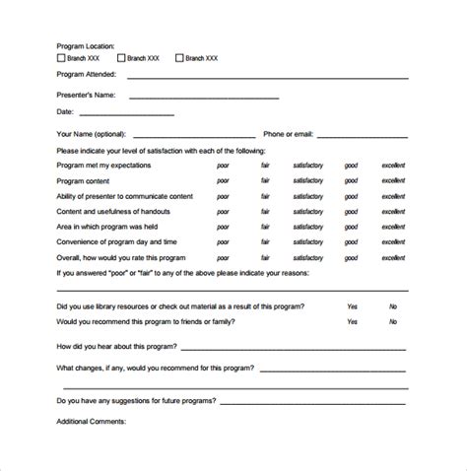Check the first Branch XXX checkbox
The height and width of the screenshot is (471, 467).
click(x=63, y=58)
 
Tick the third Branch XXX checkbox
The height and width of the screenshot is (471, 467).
click(x=179, y=58)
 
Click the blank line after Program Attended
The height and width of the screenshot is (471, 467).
click(x=266, y=75)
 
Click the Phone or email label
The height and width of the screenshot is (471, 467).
click(x=288, y=132)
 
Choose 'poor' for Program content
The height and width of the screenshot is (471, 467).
click(x=223, y=181)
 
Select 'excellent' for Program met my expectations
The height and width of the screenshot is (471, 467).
click(x=394, y=167)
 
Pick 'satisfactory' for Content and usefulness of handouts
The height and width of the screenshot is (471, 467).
click(x=306, y=211)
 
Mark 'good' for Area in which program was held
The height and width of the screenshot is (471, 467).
click(x=351, y=227)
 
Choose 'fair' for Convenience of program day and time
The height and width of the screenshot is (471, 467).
click(x=265, y=241)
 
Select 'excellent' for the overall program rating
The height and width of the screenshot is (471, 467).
click(x=394, y=257)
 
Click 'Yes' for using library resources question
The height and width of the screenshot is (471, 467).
click(x=352, y=306)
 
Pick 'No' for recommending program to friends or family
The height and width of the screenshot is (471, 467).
click(x=393, y=321)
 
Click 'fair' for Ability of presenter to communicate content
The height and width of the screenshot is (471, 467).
click(x=265, y=196)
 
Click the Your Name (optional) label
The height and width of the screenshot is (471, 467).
click(x=92, y=132)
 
